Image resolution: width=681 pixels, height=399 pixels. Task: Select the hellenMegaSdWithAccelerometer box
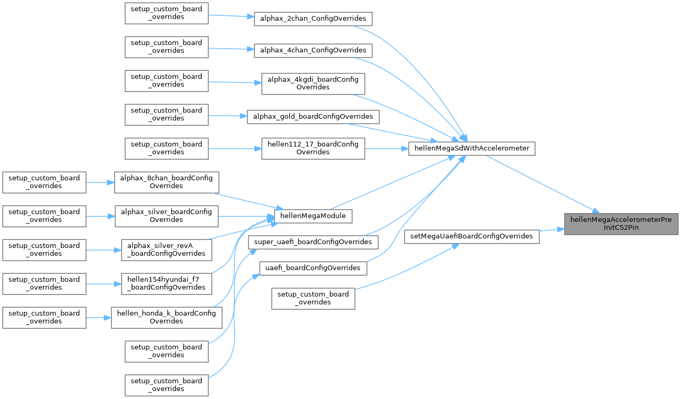point(472,149)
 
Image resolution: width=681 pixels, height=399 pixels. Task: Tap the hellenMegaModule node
point(314,216)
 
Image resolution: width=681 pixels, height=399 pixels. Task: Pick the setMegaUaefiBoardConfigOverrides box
point(472,236)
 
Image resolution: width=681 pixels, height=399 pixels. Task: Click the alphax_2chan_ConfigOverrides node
point(314,18)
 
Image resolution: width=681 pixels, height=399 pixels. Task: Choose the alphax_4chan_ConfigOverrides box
point(314,50)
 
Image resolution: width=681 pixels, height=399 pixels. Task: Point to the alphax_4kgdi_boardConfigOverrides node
point(314,83)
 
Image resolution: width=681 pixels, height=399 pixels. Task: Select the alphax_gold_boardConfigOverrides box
point(314,116)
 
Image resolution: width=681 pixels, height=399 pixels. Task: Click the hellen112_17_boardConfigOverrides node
point(314,148)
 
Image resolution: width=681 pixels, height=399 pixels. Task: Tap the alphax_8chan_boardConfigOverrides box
point(167,182)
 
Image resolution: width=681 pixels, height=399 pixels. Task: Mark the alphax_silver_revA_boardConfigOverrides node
point(167,249)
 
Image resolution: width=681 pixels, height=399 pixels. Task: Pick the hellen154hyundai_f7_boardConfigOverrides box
point(167,283)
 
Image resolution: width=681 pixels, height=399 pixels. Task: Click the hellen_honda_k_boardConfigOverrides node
point(167,317)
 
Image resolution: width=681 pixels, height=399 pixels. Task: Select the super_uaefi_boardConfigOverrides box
point(314,242)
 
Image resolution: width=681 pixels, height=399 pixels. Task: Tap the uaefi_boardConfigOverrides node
point(314,268)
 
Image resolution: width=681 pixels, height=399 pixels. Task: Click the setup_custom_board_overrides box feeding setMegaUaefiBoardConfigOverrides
point(313,298)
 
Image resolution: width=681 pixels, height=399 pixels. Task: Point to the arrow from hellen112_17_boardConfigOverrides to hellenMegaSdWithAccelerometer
point(386,149)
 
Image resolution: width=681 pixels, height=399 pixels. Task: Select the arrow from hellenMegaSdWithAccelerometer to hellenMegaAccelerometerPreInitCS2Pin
point(539,182)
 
